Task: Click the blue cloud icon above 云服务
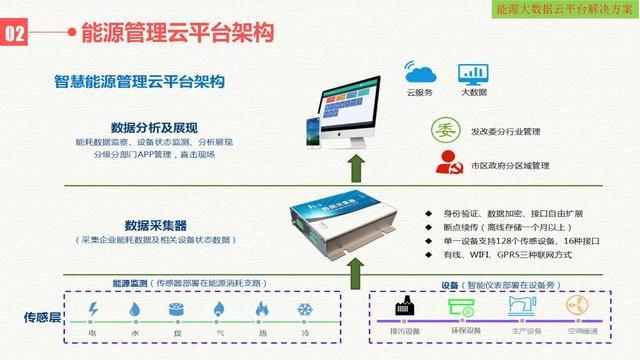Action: click(x=419, y=72)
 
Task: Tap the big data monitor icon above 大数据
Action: click(x=473, y=72)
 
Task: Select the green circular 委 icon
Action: click(x=445, y=130)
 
